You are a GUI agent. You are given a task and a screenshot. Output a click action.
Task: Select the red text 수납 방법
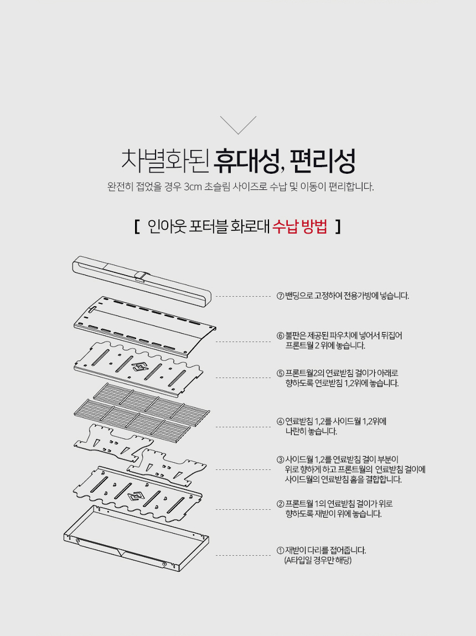pyautogui.click(x=299, y=226)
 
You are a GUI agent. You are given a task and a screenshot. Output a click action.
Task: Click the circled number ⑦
pyautogui.click(x=280, y=296)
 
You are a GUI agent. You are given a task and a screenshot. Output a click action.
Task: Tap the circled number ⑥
pyautogui.click(x=280, y=336)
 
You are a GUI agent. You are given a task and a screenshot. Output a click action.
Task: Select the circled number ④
pyautogui.click(x=280, y=421)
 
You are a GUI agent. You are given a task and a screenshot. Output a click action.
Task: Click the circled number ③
pyautogui.click(x=280, y=459)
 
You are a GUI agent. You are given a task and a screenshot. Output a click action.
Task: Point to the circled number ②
pyautogui.click(x=280, y=504)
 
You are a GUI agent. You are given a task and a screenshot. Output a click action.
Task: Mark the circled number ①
pyautogui.click(x=280, y=550)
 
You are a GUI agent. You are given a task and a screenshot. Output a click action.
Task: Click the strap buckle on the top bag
pyautogui.click(x=140, y=276)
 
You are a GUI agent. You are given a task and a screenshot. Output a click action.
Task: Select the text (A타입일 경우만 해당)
pyautogui.click(x=318, y=561)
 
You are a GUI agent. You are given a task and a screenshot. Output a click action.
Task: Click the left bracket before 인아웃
pyautogui.click(x=137, y=226)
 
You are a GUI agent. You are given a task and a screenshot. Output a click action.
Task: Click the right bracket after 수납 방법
pyautogui.click(x=338, y=226)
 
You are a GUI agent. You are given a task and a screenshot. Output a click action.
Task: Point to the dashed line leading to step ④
pyautogui.click(x=243, y=427)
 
